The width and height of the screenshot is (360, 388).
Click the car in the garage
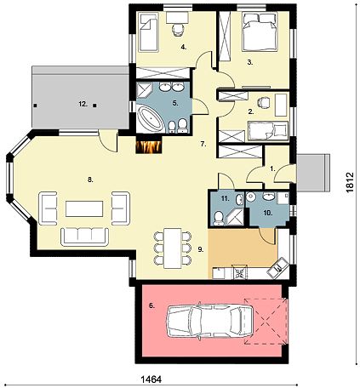click(209, 321)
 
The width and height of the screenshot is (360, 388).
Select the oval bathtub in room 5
click(151, 118)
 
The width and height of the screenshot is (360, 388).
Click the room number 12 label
click(83, 105)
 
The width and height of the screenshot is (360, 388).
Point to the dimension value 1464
click(151, 379)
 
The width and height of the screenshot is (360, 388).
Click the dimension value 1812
click(351, 182)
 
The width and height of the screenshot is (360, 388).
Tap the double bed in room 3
click(260, 32)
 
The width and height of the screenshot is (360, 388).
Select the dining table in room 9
click(173, 248)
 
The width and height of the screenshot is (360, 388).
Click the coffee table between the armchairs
click(84, 208)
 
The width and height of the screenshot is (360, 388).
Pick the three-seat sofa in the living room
click(85, 237)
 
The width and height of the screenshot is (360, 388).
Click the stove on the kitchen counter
click(240, 272)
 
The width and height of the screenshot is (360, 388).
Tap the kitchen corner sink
click(278, 268)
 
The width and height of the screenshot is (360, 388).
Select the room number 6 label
click(152, 305)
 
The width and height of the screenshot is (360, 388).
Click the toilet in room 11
click(219, 219)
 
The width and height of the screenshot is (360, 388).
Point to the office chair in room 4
click(178, 30)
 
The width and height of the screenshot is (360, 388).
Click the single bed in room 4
click(148, 32)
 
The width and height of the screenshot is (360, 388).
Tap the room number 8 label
click(90, 180)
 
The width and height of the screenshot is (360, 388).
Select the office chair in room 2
click(263, 102)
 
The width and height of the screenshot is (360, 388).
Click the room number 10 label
click(268, 213)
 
